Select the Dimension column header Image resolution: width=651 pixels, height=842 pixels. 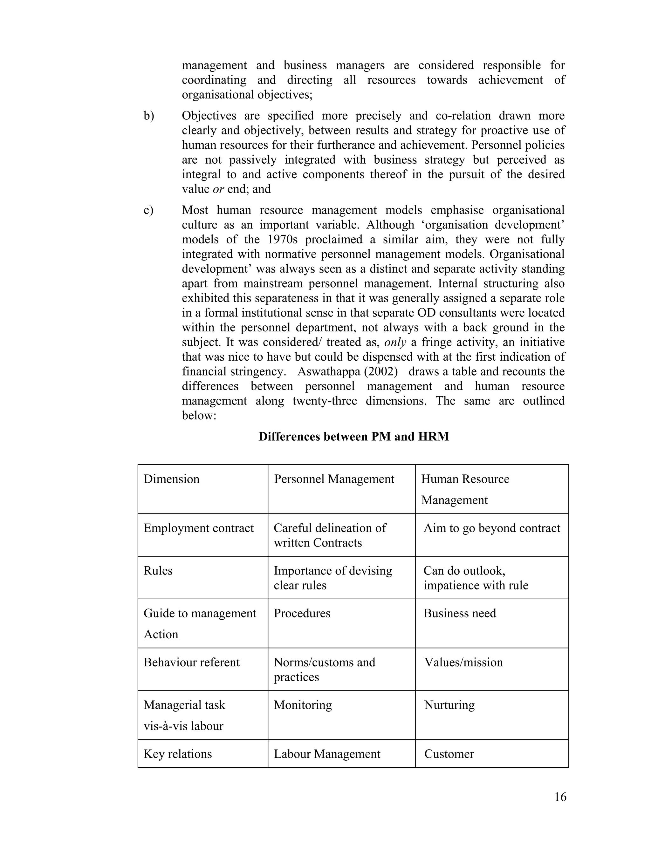point(172,479)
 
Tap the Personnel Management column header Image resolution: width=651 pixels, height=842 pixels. point(334,479)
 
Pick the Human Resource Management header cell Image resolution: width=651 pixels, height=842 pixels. point(465,489)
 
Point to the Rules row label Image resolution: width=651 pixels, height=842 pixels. point(158,571)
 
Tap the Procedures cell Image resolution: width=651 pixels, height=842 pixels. point(302,613)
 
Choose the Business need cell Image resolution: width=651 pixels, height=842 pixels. point(460,613)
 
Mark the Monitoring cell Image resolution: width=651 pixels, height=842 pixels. point(303,705)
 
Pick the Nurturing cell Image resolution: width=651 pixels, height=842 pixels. point(449,705)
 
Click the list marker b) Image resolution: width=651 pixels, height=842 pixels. point(149,116)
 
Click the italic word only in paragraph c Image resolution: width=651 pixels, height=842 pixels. point(395,342)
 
